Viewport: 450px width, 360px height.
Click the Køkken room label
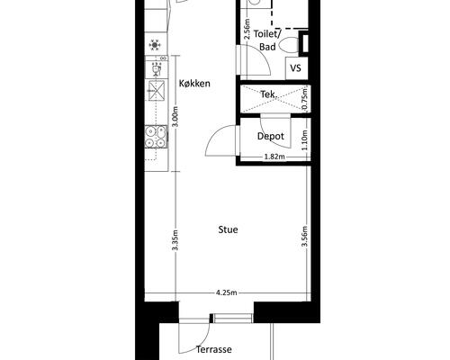pos(194,84)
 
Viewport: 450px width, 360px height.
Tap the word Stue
pos(228,229)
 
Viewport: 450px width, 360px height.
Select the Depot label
pos(271,136)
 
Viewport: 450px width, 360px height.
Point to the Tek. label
pos(268,94)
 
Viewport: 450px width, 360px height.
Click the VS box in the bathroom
pos(297,68)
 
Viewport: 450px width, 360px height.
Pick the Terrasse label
pos(214,349)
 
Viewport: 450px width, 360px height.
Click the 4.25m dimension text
pos(227,292)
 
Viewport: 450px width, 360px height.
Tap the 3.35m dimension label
pos(175,240)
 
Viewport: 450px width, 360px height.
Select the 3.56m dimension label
pos(305,236)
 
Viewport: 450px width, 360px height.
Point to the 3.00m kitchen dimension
pos(175,116)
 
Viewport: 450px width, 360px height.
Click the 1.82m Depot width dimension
pos(274,157)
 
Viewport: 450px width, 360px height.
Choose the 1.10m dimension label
pos(305,140)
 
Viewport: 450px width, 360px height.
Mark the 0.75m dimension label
pos(305,99)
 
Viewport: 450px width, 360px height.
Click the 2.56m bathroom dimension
pos(247,29)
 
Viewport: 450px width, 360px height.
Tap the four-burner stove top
pos(156,137)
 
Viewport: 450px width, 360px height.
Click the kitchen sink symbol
pos(156,90)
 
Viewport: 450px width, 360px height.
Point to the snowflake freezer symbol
pos(155,45)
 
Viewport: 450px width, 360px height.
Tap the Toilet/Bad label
pos(267,40)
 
